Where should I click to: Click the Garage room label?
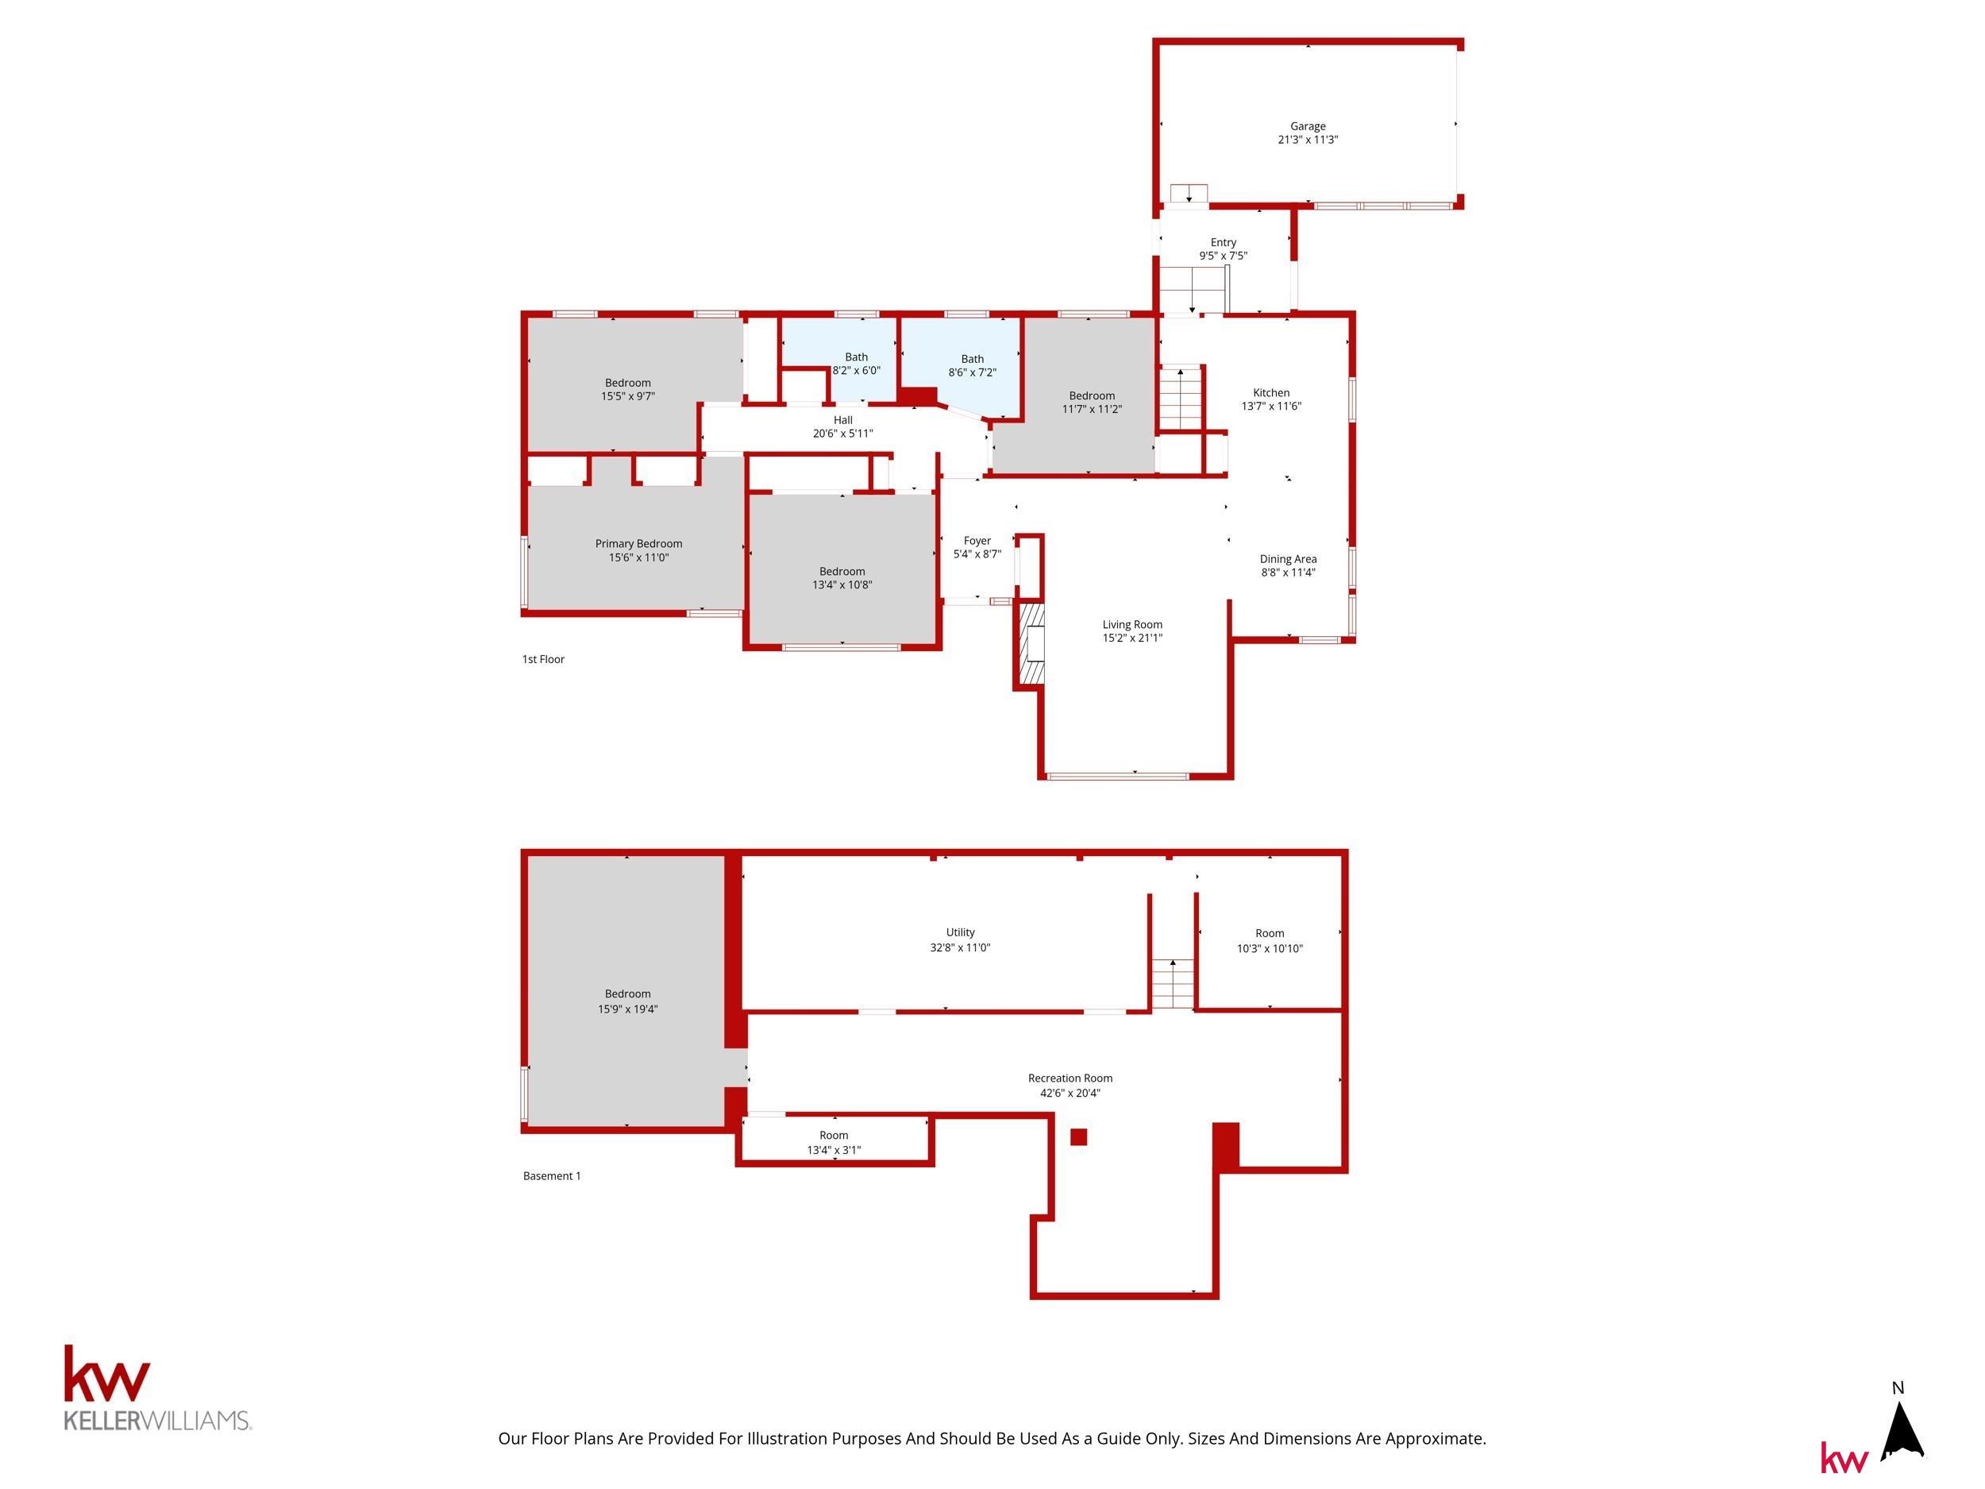tap(1308, 126)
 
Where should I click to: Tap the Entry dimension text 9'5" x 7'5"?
tap(1223, 256)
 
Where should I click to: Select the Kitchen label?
tap(1271, 392)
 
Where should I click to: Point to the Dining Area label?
tap(1288, 559)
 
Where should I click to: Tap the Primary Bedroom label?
tap(639, 544)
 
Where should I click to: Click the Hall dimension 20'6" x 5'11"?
tap(842, 434)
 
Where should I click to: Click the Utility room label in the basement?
tap(960, 932)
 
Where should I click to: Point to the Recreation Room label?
tap(1070, 1078)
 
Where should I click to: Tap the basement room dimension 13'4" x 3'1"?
tap(834, 1151)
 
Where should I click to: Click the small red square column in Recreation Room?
tap(1078, 1137)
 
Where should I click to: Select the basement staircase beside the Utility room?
tap(1173, 984)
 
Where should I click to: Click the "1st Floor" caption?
tap(543, 660)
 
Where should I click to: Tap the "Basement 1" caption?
tap(552, 1177)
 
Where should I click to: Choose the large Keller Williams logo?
tap(157, 1387)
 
